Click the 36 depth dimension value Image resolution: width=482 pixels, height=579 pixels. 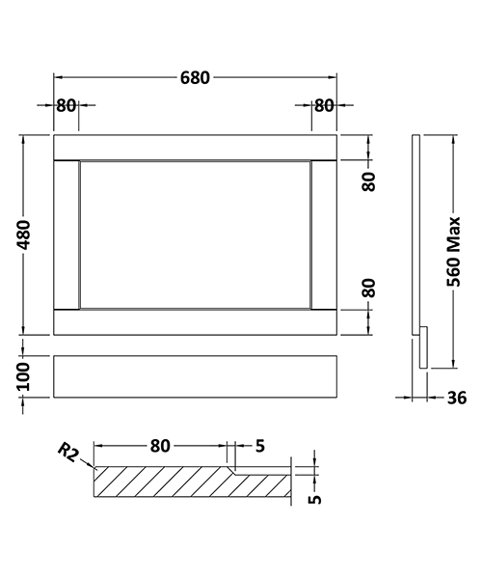(456, 397)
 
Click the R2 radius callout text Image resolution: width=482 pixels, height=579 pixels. (67, 451)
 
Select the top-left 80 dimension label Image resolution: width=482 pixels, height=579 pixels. (66, 105)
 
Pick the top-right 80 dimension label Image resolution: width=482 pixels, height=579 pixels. (323, 105)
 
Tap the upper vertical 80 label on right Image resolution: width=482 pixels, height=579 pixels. (367, 179)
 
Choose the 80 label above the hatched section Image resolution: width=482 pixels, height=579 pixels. (160, 446)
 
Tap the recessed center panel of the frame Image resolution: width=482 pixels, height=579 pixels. (195, 234)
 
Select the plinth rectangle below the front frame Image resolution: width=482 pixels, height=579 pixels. (195, 377)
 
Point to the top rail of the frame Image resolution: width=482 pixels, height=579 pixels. (195, 147)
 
